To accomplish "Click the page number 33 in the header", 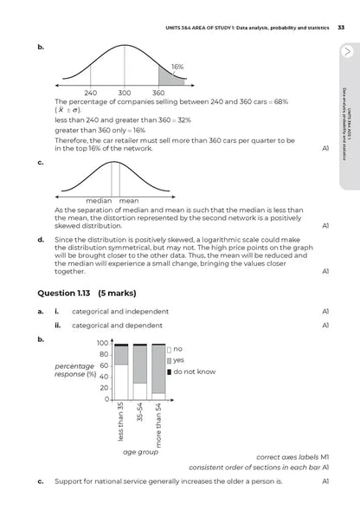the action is pos(341,28).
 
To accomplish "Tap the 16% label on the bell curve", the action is pos(177,67).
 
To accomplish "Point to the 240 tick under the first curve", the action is pos(90,93).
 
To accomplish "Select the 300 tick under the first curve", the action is pos(125,93).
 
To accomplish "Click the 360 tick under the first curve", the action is pos(158,93).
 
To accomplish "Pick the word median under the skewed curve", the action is pos(99,201).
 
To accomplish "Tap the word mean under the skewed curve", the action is pos(129,201).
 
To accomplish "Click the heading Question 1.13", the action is pos(64,293).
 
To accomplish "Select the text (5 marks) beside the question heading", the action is pos(117,293).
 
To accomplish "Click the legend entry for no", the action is pos(175,349).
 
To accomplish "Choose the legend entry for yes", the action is pos(176,360).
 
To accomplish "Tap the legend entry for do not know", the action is pos(191,371).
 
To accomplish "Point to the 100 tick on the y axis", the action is pos(102,343).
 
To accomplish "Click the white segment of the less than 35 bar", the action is pos(121,382).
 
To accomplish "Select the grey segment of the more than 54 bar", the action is pos(158,369).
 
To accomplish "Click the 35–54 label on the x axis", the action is pos(140,412).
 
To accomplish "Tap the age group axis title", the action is pos(140,452).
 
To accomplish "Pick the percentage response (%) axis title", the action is pos(75,370).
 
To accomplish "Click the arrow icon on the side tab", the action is pos(348,51).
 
